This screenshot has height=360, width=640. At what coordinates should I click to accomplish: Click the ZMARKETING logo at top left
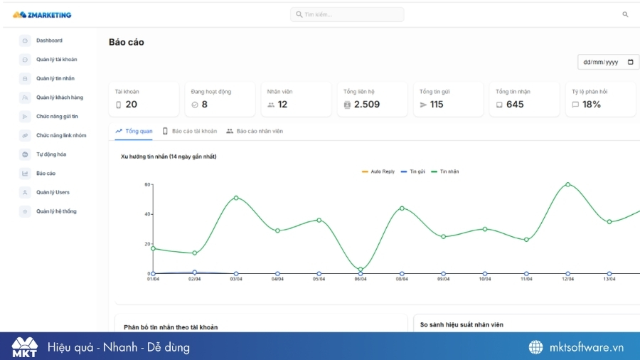(42, 14)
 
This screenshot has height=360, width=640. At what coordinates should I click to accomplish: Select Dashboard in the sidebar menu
(49, 41)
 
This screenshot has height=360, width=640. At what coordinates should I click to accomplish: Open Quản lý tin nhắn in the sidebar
(55, 78)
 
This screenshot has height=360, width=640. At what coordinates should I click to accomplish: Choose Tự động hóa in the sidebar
(50, 154)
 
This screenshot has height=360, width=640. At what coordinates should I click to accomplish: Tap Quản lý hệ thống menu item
(56, 211)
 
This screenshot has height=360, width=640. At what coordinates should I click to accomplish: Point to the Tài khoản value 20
(131, 105)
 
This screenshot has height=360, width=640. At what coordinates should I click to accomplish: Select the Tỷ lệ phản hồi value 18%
(591, 105)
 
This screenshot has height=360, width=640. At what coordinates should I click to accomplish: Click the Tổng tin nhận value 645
(514, 105)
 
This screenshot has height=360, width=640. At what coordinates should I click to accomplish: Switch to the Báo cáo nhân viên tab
(260, 131)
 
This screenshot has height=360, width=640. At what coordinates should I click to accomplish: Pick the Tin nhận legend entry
(449, 171)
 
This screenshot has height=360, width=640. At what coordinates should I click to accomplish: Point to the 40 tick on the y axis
(147, 214)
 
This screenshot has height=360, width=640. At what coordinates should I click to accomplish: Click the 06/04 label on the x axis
(361, 279)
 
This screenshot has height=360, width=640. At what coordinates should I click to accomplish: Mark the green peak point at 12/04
(567, 184)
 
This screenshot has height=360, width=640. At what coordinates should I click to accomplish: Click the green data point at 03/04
(236, 198)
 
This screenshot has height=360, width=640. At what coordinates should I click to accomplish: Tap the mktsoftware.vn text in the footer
(586, 347)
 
